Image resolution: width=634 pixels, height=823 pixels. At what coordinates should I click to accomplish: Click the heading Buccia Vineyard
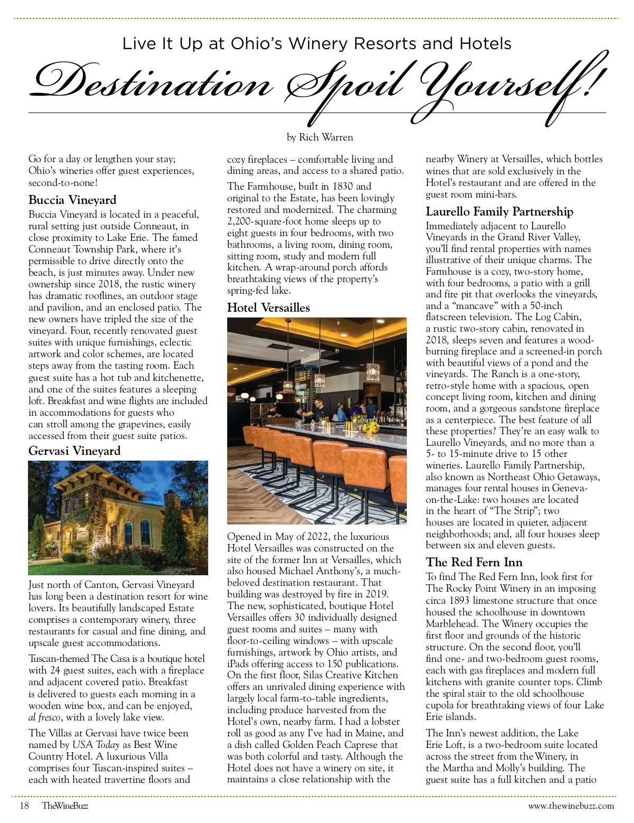(72, 200)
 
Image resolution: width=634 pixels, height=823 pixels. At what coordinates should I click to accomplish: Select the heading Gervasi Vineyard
(74, 451)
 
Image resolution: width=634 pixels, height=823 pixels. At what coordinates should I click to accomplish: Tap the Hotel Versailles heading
(268, 308)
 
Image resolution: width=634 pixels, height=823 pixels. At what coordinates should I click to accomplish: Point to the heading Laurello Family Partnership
(499, 212)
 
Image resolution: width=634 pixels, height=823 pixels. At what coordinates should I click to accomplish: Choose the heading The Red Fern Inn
(474, 563)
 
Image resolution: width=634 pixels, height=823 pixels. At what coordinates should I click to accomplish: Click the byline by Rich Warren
(320, 137)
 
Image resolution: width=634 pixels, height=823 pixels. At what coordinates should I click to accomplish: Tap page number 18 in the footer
(24, 806)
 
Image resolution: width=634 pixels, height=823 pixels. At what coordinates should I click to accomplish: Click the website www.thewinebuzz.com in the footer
(571, 806)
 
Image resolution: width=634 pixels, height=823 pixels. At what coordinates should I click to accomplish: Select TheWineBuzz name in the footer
(65, 806)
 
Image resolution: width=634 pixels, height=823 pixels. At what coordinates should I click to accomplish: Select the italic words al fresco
(45, 717)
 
